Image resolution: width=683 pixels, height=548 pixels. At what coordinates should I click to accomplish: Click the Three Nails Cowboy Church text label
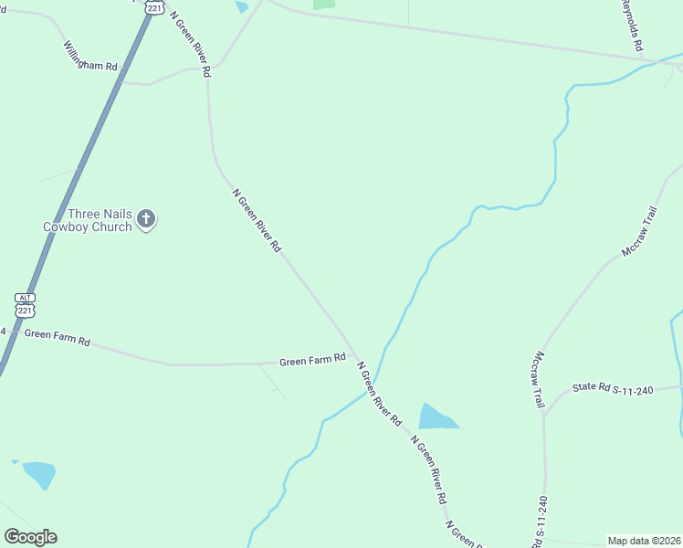88,220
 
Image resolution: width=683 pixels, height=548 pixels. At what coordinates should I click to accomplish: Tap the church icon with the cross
147,219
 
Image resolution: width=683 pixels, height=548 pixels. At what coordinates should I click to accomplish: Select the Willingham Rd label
90,57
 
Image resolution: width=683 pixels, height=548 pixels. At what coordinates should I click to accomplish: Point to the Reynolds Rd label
633,25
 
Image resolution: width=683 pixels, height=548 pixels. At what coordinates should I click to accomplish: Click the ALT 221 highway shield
26,306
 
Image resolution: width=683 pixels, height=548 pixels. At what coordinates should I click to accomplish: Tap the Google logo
30,537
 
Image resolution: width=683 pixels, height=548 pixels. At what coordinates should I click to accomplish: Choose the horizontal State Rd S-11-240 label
615,390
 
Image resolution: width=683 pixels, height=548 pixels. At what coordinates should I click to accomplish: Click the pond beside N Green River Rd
436,417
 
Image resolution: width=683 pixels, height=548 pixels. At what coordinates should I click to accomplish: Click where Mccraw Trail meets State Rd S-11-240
544,413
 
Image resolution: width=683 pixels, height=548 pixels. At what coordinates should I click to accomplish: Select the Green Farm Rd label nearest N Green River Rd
312,361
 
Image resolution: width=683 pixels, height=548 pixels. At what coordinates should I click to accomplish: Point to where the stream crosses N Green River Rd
374,381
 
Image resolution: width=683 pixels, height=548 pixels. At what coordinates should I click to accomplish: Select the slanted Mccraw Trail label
640,232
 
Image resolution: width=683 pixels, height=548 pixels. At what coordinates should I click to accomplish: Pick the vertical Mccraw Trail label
539,379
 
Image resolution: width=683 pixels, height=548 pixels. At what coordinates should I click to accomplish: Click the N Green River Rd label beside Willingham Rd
191,44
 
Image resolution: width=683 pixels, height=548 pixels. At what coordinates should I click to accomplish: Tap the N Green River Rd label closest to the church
257,220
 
